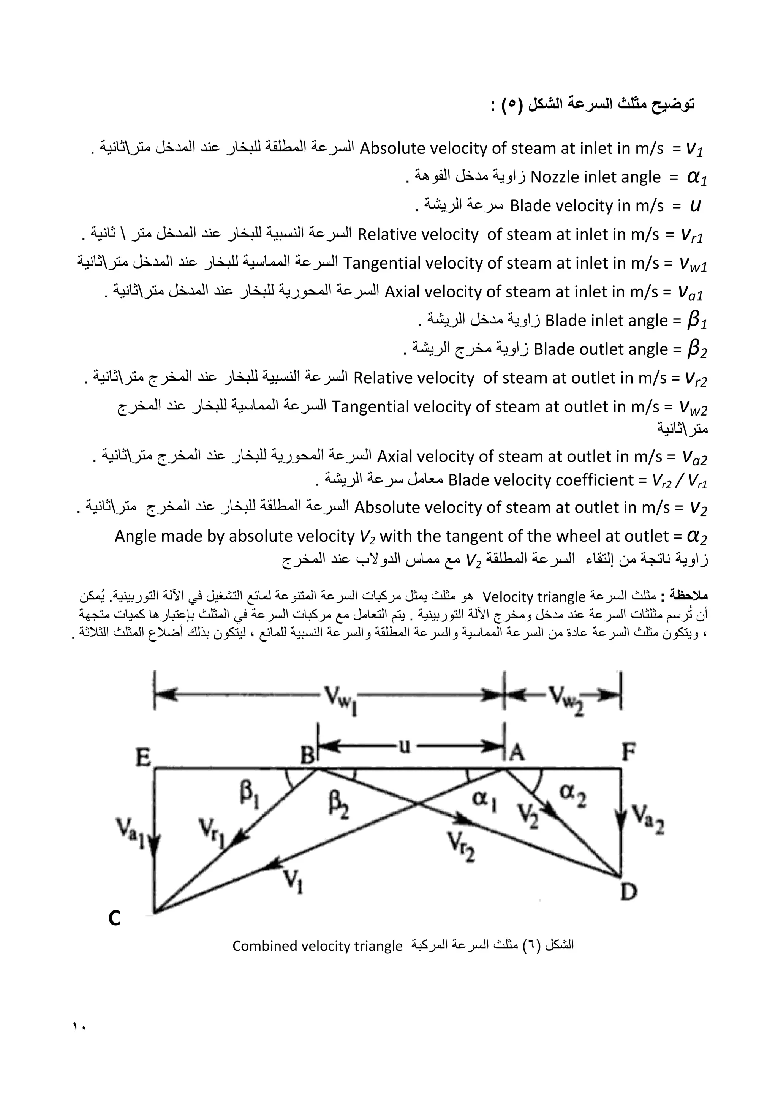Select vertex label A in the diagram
[517, 754]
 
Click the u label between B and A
[405, 747]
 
